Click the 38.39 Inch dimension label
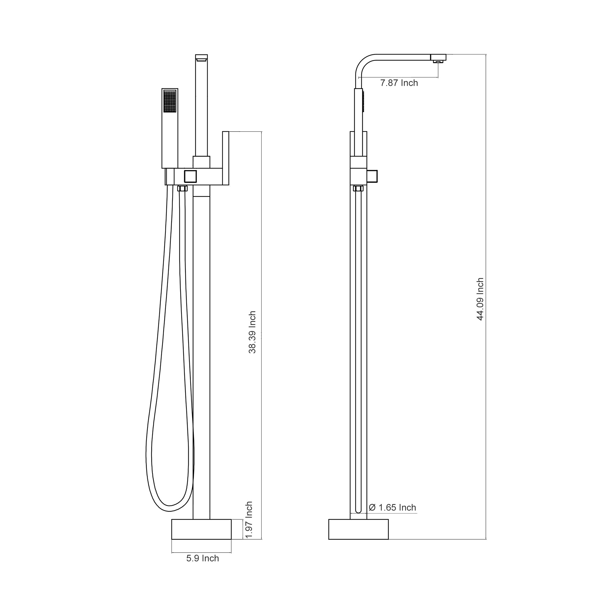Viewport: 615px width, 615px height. click(252, 332)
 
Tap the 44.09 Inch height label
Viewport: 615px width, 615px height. click(480, 299)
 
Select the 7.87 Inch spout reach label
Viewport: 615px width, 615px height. click(399, 83)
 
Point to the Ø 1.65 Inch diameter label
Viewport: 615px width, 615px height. click(392, 507)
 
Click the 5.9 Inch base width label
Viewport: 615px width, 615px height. click(202, 558)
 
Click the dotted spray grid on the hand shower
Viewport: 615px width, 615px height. click(169, 101)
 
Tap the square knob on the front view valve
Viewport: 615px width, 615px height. click(190, 176)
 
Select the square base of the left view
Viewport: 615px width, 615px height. click(201, 529)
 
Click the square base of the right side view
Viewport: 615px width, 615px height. click(358, 529)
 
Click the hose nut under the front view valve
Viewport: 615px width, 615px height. click(182, 188)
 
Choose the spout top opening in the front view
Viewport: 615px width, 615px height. click(201, 58)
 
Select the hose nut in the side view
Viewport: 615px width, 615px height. click(358, 188)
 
